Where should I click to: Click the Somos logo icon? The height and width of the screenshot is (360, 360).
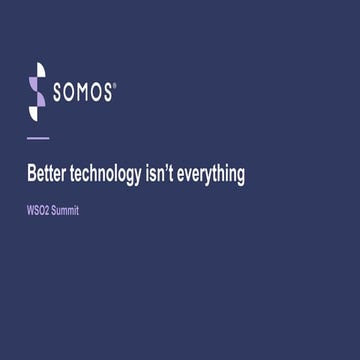pyautogui.click(x=37, y=92)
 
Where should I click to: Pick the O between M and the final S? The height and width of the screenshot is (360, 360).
pyautogui.click(x=97, y=93)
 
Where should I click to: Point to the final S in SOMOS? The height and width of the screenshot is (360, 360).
pyautogui.click(x=109, y=93)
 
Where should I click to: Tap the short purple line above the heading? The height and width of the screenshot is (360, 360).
pyautogui.click(x=37, y=137)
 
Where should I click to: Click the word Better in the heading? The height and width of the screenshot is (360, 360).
pyautogui.click(x=44, y=174)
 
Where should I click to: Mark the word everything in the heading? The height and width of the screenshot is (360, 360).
pyautogui.click(x=214, y=175)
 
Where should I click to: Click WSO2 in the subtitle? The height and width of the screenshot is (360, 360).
pyautogui.click(x=38, y=212)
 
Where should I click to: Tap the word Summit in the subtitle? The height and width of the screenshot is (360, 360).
pyautogui.click(x=65, y=212)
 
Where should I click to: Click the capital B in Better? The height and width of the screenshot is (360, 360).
pyautogui.click(x=30, y=174)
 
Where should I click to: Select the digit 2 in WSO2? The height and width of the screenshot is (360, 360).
pyautogui.click(x=47, y=212)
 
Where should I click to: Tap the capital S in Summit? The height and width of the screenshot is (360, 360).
pyautogui.click(x=54, y=212)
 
